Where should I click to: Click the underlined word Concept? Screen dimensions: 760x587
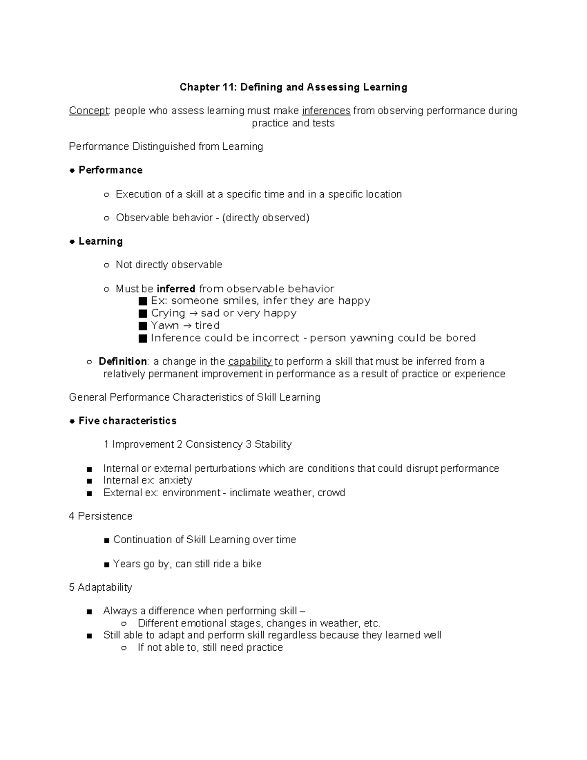tap(89, 111)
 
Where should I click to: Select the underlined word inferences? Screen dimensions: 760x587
tap(326, 111)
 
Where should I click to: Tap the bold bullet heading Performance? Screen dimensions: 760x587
tap(111, 170)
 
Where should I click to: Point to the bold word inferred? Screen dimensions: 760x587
tap(176, 289)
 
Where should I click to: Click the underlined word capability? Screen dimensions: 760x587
tap(250, 362)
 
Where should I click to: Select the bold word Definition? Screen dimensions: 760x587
tap(123, 362)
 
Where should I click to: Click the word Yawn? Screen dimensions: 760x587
tap(164, 325)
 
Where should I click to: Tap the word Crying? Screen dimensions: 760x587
tap(168, 313)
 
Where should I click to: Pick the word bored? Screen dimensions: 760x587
tap(460, 338)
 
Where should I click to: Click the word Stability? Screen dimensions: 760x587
tap(273, 444)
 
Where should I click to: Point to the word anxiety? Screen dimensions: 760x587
tap(176, 481)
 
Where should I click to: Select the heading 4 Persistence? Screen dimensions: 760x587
tap(101, 516)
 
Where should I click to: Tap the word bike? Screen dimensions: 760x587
tap(252, 564)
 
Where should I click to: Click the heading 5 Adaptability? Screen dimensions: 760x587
tap(101, 587)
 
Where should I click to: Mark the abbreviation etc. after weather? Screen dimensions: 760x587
tap(372, 623)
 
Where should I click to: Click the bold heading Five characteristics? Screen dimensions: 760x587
tap(127, 421)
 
